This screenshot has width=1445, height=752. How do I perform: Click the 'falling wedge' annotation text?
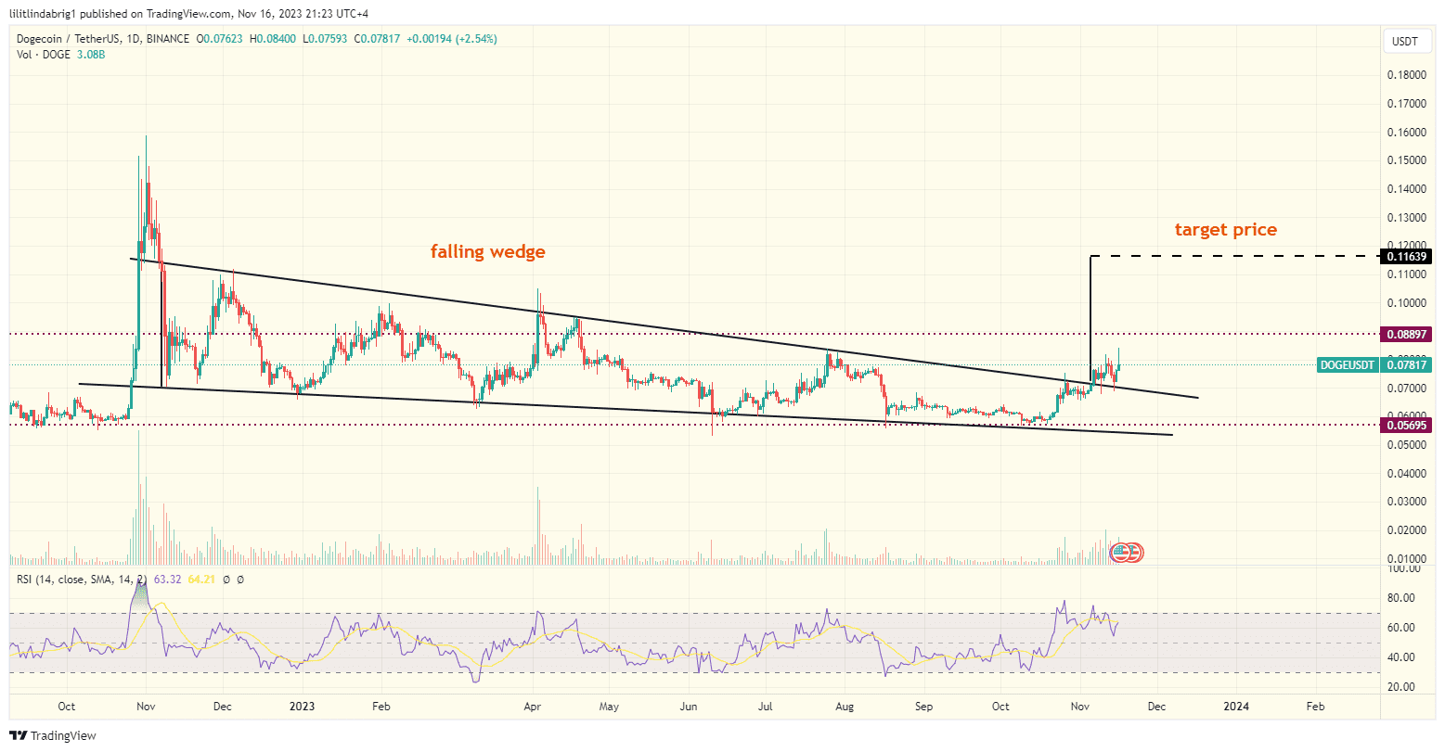[x=487, y=251]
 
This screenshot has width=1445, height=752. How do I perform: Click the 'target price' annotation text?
[x=1225, y=230]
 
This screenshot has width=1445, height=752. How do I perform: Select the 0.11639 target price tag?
[x=1408, y=255]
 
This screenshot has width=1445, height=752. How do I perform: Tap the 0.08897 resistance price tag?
[x=1408, y=334]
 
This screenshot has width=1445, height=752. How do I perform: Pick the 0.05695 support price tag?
[x=1408, y=425]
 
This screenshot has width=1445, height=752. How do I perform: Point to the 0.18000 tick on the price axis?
[x=1407, y=75]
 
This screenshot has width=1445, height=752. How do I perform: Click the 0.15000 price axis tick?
[x=1407, y=160]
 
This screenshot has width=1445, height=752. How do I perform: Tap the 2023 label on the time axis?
[x=302, y=707]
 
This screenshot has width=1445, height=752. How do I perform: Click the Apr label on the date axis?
[x=533, y=707]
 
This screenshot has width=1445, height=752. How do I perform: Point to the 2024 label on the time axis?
[x=1235, y=707]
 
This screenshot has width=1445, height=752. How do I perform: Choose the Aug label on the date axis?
[x=843, y=707]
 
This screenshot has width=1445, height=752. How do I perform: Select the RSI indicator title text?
[x=80, y=580]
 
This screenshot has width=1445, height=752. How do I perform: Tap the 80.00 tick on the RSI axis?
[x=1401, y=598]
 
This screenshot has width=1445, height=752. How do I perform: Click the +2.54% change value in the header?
[x=476, y=39]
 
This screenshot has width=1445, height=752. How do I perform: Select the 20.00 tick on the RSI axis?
[x=1401, y=687]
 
